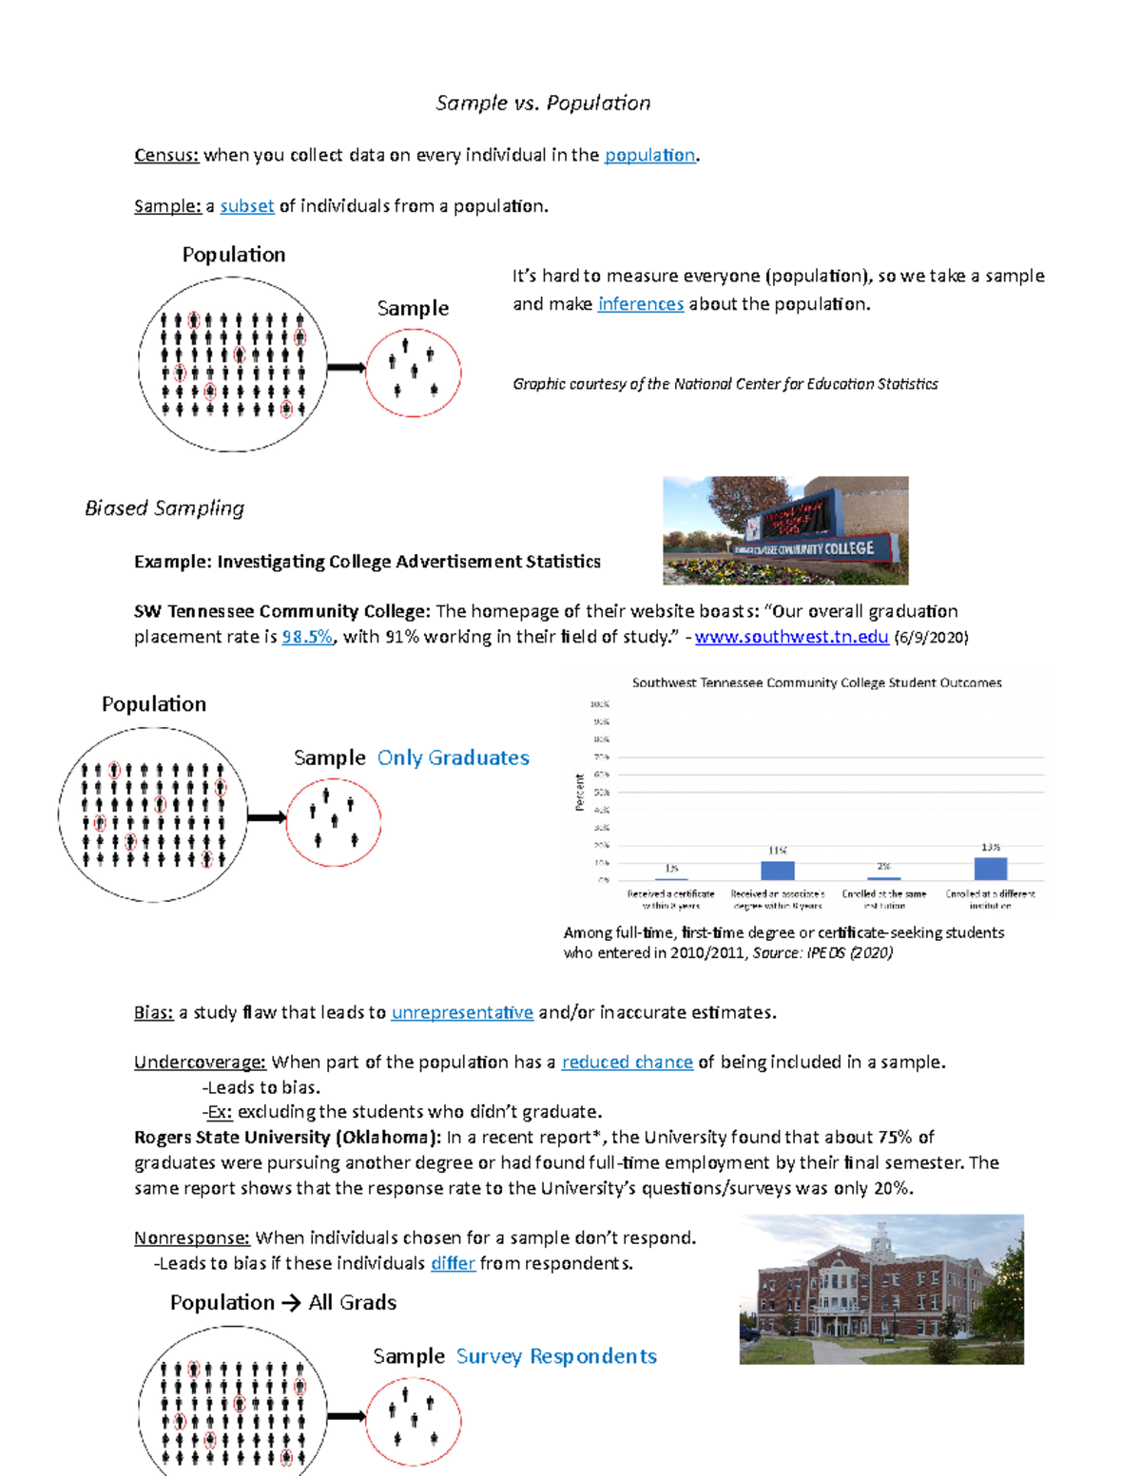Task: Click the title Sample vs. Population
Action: click(543, 103)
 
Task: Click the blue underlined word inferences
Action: click(640, 304)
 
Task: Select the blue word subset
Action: click(247, 206)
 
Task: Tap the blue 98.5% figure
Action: click(307, 637)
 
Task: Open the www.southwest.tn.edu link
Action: click(791, 637)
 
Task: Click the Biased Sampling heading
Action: click(164, 508)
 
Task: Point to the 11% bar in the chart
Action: click(777, 870)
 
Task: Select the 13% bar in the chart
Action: click(990, 868)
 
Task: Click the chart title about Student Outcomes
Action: click(816, 682)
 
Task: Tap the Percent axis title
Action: click(579, 792)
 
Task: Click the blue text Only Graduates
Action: click(453, 757)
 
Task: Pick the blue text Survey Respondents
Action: click(556, 1356)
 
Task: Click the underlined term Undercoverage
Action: click(200, 1063)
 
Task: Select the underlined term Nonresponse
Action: click(191, 1238)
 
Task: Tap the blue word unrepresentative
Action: click(462, 1013)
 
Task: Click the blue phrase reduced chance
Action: click(627, 1063)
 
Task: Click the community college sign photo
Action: click(785, 530)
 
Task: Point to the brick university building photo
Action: click(881, 1289)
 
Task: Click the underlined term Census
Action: click(165, 156)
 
